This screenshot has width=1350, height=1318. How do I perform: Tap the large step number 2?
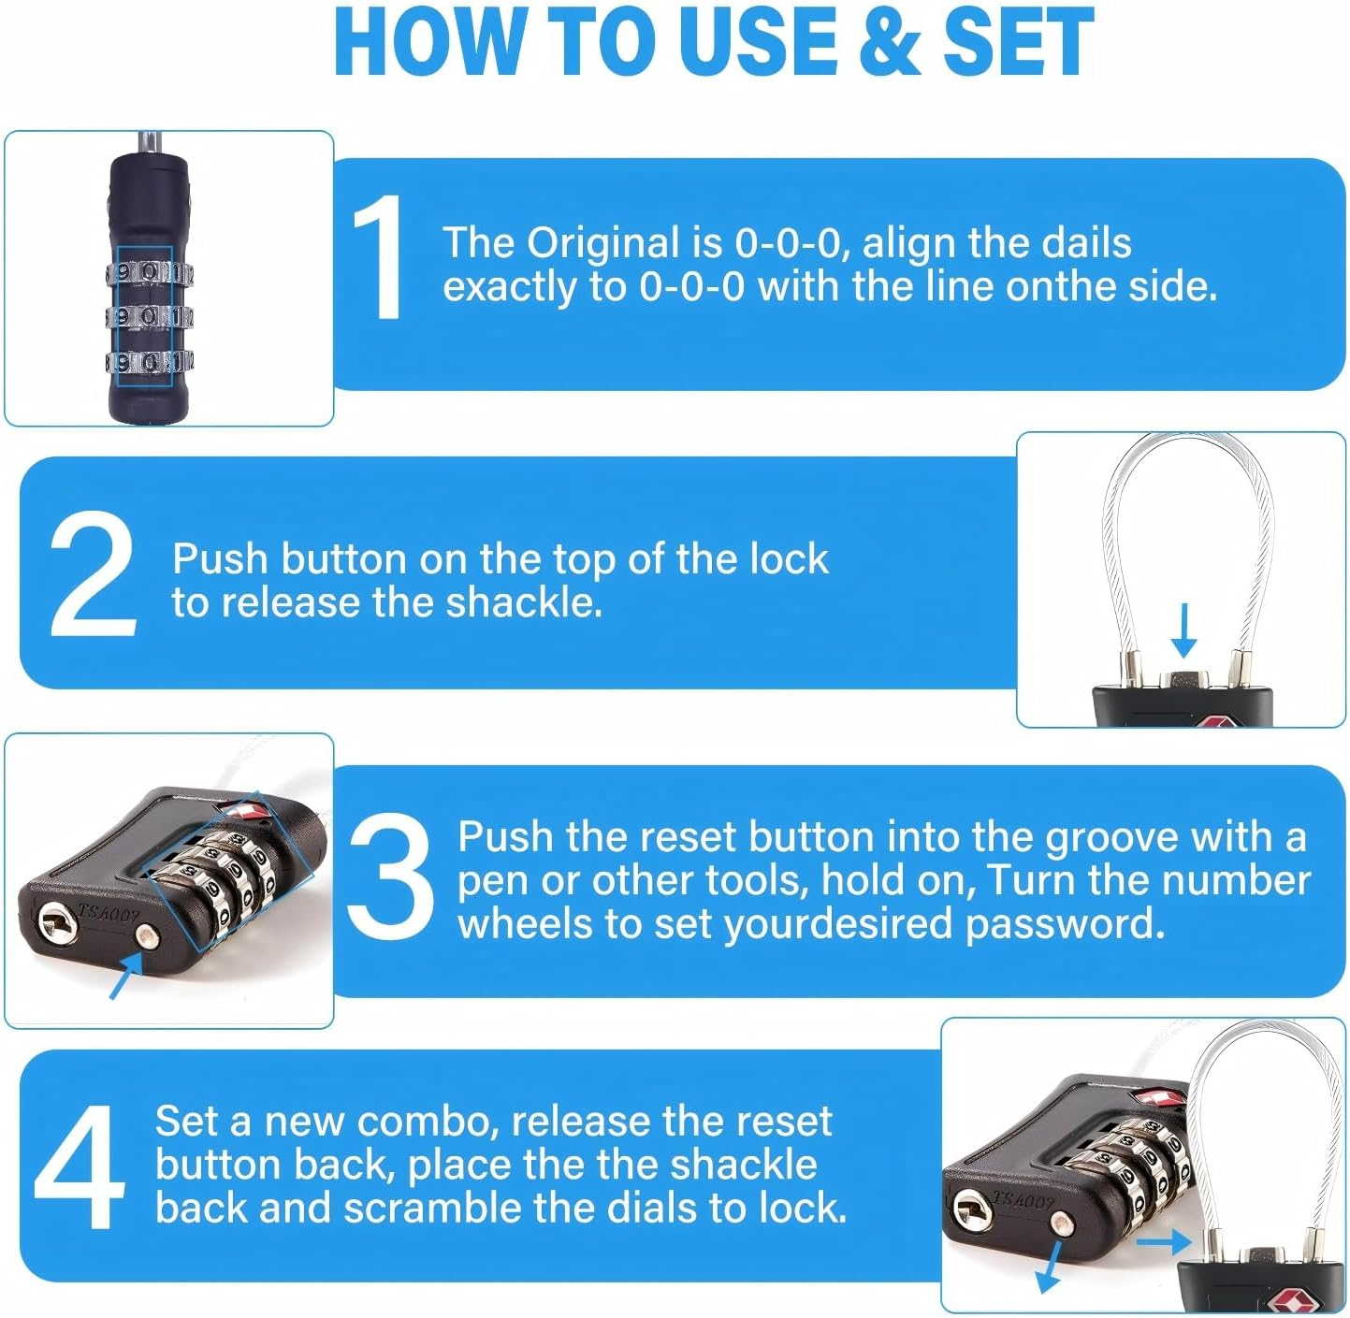coord(93,575)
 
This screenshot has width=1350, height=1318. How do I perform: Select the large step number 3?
coord(389,875)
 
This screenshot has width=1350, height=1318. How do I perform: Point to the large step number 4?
coord(79,1166)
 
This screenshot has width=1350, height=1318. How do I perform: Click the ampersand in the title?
coord(890,42)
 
